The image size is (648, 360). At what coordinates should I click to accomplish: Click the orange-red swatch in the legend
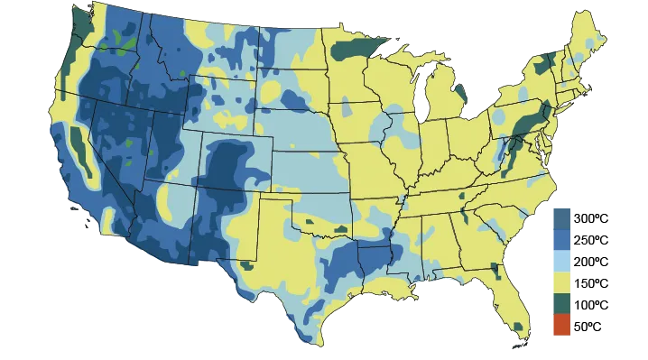point(560,326)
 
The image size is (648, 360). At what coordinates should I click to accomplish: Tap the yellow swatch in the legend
point(560,282)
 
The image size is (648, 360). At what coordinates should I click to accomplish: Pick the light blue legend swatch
point(560,260)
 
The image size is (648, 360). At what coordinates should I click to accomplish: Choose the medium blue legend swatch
point(560,237)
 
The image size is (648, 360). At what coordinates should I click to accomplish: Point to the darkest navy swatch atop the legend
point(560,215)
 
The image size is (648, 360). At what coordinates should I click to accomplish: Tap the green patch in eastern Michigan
point(458,91)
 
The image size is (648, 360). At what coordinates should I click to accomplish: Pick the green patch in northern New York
point(547,63)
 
